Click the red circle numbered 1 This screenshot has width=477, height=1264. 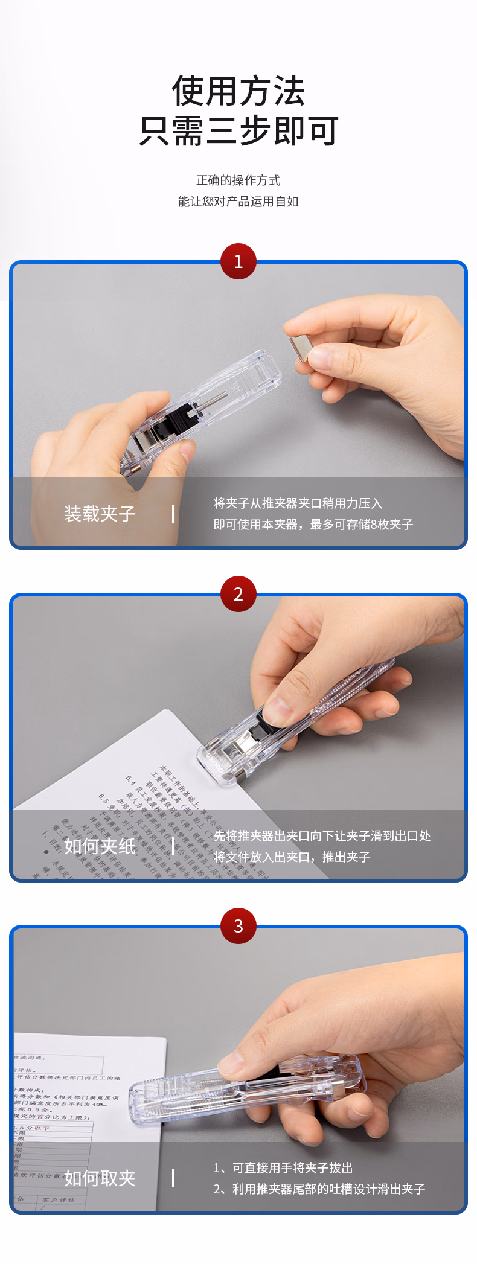coord(238,261)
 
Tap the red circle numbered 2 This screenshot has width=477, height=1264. coord(238,594)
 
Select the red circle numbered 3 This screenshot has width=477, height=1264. coord(238,926)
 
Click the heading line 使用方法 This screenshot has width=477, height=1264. coord(238,92)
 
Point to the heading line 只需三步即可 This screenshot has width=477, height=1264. coord(238,131)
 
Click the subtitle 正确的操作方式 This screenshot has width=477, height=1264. coord(238,180)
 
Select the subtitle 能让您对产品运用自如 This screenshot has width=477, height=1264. coord(238,202)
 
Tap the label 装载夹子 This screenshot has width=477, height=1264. coord(100,514)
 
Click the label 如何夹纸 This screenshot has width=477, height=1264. coord(100,846)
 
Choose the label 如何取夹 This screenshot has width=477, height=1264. coord(100,1178)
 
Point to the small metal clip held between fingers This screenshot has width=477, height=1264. coord(299,348)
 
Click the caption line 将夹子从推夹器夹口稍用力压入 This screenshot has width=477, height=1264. coord(298,503)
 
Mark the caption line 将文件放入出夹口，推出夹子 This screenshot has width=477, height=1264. coord(292,857)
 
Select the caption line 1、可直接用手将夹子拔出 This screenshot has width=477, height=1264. coord(283,1168)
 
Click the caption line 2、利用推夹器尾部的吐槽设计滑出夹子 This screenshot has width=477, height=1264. coord(319,1189)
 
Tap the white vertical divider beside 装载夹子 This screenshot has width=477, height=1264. coord(173,514)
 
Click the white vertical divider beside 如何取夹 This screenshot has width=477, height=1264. coord(173,1178)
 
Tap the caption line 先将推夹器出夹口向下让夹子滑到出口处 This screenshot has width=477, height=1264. coord(322,836)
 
